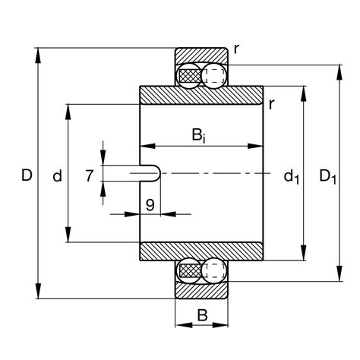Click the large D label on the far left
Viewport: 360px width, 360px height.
click(x=27, y=175)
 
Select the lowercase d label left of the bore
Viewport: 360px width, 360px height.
click(x=57, y=176)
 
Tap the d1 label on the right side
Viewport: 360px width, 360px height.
click(x=292, y=177)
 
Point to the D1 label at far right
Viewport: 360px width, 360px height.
click(x=328, y=177)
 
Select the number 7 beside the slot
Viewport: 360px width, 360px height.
click(x=90, y=175)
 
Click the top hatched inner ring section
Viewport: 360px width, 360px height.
click(x=201, y=96)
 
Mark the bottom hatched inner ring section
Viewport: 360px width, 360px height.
click(x=201, y=251)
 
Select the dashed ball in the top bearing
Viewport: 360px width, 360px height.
click(x=216, y=75)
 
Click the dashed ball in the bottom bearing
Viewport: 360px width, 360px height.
click(x=216, y=270)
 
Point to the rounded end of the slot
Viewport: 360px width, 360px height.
click(x=156, y=173)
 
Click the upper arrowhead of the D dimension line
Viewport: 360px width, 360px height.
click(x=38, y=53)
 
